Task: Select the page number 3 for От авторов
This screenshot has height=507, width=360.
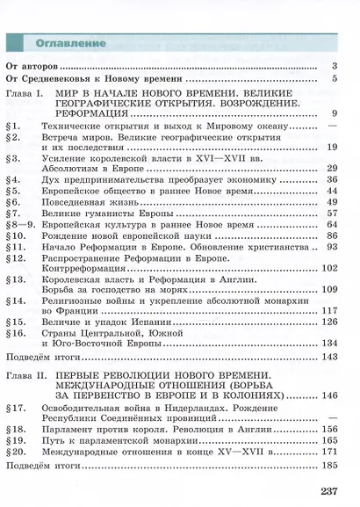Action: (335, 66)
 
